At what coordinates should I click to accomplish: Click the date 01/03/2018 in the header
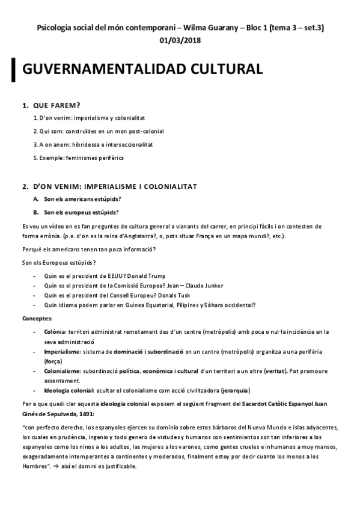click(x=180, y=40)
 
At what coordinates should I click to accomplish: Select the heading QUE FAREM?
click(x=56, y=105)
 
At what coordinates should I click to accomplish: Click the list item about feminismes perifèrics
click(x=79, y=158)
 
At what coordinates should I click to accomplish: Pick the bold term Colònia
click(x=55, y=331)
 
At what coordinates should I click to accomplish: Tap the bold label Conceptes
click(x=37, y=318)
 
